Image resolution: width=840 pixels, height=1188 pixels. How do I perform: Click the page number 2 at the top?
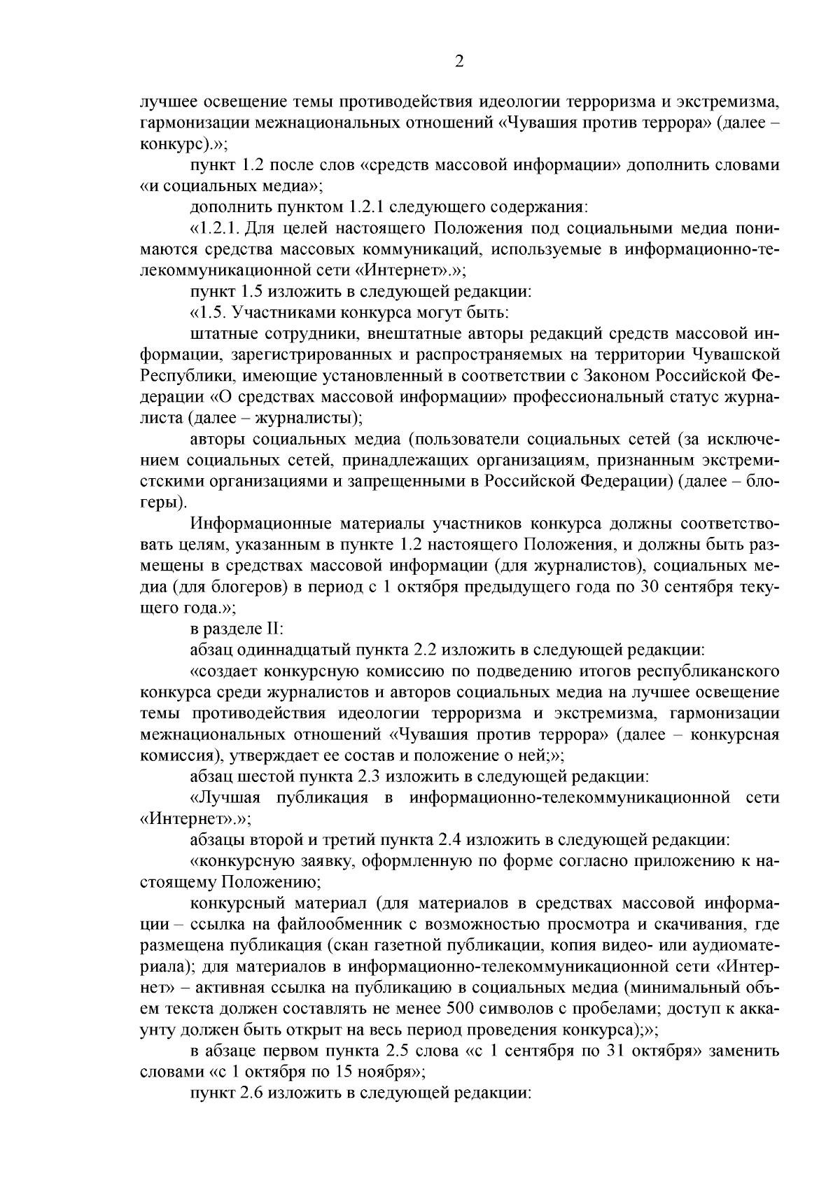[458, 62]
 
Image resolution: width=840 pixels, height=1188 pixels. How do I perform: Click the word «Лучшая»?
[230, 797]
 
